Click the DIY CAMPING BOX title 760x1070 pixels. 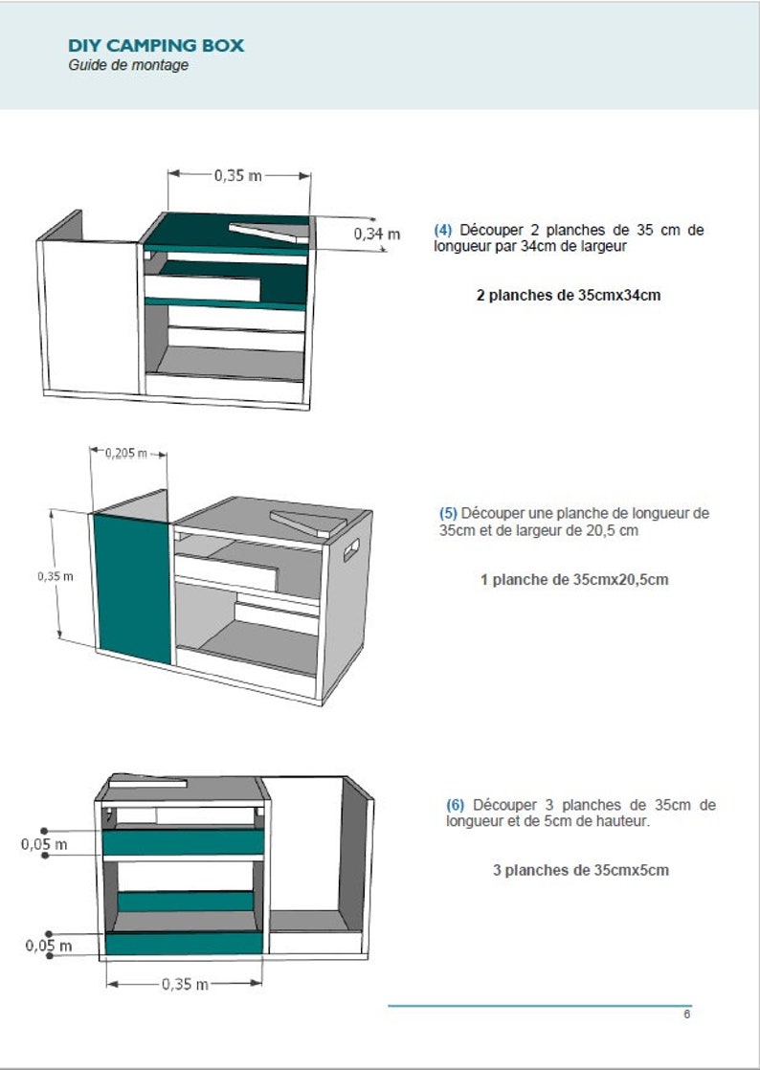(156, 46)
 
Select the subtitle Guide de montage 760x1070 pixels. (128, 65)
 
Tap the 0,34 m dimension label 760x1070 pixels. (376, 234)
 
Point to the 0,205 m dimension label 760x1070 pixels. (126, 453)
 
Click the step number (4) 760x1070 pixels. (443, 230)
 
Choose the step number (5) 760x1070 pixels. (448, 513)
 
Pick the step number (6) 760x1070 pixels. (455, 805)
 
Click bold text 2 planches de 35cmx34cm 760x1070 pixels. (569, 296)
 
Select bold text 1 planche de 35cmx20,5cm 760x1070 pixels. (574, 580)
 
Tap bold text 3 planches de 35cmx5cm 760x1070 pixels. (581, 870)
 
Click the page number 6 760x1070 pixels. (687, 1014)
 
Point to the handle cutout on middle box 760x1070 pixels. (350, 550)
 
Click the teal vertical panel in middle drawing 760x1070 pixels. (132, 589)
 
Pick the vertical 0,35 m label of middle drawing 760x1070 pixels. (56, 576)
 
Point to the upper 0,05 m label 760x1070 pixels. (44, 845)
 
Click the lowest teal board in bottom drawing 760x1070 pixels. (184, 943)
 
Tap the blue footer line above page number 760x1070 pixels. (540, 1006)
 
